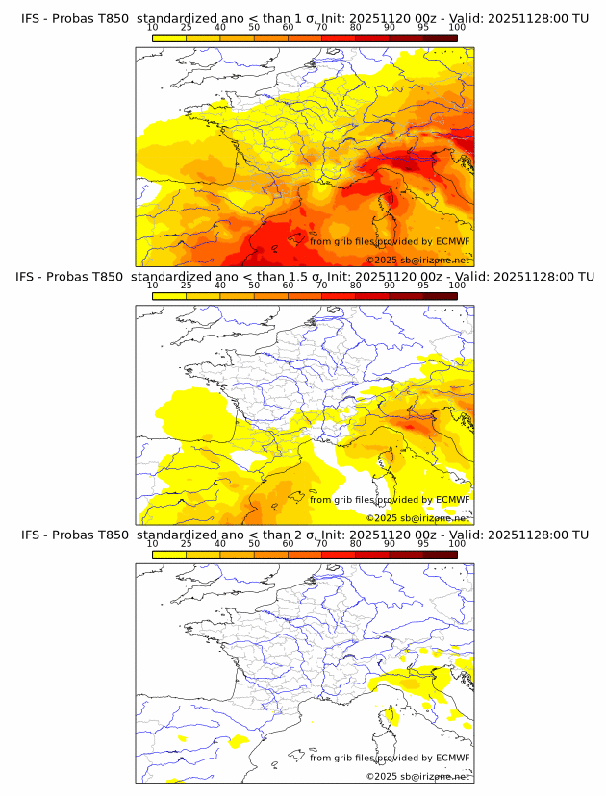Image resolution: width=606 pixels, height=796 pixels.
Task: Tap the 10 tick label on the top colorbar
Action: point(152,27)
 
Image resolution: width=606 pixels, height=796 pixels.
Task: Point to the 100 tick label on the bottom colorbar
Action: point(457,543)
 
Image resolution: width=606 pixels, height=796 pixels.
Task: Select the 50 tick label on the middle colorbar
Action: point(254,286)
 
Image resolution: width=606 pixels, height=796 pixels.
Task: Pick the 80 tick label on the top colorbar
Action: point(356,27)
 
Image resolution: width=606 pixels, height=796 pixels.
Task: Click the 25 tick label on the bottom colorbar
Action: point(186,543)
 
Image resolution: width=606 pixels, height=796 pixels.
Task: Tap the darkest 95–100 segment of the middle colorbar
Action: point(440,295)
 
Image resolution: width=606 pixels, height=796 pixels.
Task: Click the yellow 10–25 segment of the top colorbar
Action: point(168,37)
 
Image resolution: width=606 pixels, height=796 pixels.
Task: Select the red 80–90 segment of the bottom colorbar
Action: point(372,554)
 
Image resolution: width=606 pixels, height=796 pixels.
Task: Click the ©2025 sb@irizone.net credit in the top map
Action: point(417,261)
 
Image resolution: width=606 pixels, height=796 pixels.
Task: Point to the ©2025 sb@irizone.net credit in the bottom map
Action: point(417,776)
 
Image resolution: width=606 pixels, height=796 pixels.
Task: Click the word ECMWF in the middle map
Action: point(452,499)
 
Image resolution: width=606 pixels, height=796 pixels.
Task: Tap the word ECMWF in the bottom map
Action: point(452,758)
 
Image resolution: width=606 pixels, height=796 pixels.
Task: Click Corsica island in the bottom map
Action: point(389,717)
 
